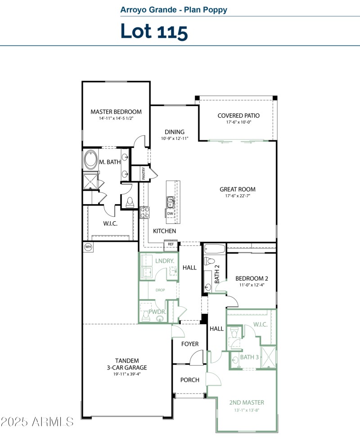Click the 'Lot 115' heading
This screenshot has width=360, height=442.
tap(154, 31)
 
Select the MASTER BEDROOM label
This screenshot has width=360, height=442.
tap(116, 112)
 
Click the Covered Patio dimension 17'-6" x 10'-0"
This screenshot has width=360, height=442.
tap(238, 122)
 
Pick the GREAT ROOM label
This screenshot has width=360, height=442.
tap(238, 189)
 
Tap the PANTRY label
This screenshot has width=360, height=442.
tap(144, 174)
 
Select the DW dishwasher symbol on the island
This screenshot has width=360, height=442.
tap(171, 214)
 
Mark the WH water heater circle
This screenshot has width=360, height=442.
tap(88, 247)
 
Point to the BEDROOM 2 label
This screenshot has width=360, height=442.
tap(252, 278)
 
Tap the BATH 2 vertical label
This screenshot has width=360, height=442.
tap(217, 273)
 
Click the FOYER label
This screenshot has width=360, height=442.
tap(190, 344)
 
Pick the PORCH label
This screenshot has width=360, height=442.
tap(190, 380)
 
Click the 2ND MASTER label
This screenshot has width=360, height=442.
tap(247, 402)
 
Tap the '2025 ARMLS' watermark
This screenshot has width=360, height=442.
tap(37, 422)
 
